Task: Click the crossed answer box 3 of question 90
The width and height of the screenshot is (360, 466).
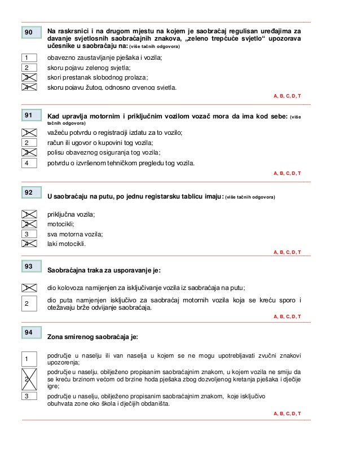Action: [x=26, y=77]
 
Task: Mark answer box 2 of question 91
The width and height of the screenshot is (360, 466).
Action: [x=26, y=142]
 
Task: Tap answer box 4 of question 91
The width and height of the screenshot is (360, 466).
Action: [x=26, y=163]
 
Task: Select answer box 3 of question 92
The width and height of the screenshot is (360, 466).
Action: [x=26, y=234]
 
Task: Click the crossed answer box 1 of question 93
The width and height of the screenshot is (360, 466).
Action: [x=26, y=288]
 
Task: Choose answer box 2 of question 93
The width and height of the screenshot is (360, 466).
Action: [x=26, y=304]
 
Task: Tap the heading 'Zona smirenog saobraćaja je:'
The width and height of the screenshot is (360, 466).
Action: [x=93, y=337]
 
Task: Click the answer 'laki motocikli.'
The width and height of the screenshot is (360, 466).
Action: [x=67, y=244]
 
